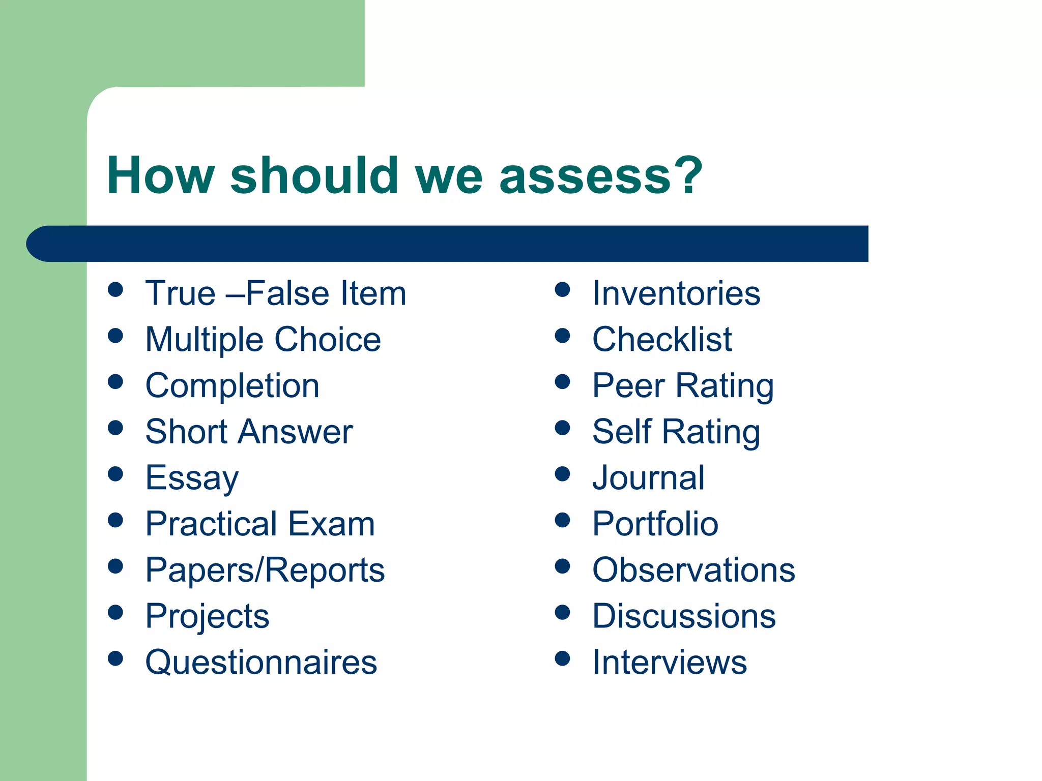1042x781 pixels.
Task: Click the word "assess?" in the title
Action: [x=600, y=175]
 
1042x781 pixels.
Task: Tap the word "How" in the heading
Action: [x=160, y=175]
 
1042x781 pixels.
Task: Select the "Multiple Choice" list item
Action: [x=263, y=339]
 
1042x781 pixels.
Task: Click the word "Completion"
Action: [x=233, y=385]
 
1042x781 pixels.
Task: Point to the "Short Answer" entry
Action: [x=249, y=432]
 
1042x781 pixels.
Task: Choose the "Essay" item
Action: [x=192, y=478]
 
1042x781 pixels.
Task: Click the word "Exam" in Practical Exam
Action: [x=332, y=524]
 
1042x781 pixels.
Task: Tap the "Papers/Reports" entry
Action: [x=265, y=570]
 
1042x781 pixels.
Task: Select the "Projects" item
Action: [x=207, y=616]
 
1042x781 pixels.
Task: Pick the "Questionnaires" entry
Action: [x=261, y=662]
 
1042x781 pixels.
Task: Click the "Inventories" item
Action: [x=676, y=293]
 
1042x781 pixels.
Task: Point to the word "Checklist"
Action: [x=662, y=339]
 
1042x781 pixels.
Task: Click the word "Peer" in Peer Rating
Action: [x=628, y=385]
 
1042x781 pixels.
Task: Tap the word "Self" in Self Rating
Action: [x=622, y=432]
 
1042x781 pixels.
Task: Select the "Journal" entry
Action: [x=649, y=478]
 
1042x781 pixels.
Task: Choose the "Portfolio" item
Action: [x=655, y=524]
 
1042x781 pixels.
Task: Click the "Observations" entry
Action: [x=693, y=570]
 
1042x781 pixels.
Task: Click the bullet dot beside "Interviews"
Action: [x=562, y=658]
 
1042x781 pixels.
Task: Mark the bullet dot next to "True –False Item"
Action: [x=115, y=290]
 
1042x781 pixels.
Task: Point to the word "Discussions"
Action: [x=684, y=616]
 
